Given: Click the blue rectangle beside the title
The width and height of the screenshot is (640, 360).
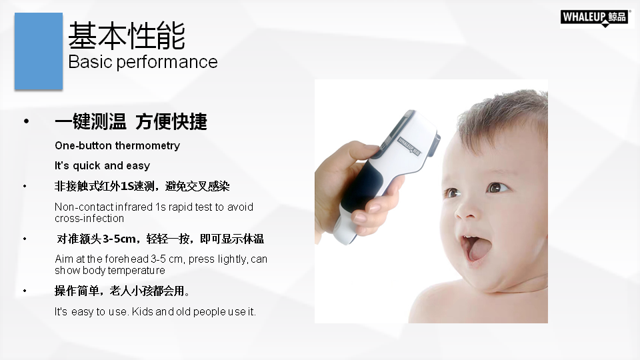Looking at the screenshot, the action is pyautogui.click(x=39, y=51).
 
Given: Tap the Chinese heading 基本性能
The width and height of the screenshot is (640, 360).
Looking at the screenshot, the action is pyautogui.click(x=127, y=36).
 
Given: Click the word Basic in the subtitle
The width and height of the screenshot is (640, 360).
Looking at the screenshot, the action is pyautogui.click(x=90, y=62).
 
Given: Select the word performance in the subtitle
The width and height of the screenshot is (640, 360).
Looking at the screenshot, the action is pyautogui.click(x=167, y=63).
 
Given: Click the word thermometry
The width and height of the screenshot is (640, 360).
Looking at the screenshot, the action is pyautogui.click(x=147, y=146).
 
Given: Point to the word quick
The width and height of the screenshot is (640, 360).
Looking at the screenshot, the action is pyautogui.click(x=87, y=166).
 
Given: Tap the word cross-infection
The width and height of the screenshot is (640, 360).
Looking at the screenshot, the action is pyautogui.click(x=89, y=219).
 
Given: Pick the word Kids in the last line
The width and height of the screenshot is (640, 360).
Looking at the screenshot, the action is pyautogui.click(x=142, y=311).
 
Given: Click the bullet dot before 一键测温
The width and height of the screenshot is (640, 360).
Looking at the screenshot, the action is pyautogui.click(x=27, y=121).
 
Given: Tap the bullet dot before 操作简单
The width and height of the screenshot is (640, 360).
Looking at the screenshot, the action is pyautogui.click(x=25, y=291).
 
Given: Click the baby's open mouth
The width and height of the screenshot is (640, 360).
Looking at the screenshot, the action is pyautogui.click(x=476, y=247).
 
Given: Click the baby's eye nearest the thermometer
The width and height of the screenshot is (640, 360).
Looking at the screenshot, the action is pyautogui.click(x=452, y=193).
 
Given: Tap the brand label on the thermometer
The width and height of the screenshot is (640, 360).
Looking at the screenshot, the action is pyautogui.click(x=409, y=147).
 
